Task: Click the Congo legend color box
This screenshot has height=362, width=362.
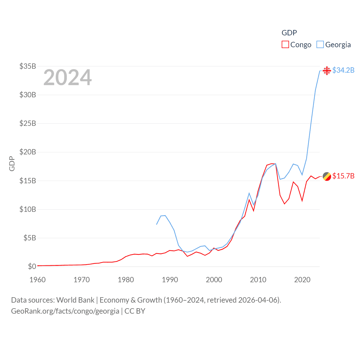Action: coord(285,45)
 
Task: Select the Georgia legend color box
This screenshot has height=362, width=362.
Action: coord(320,45)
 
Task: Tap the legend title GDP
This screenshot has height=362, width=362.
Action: coord(289,33)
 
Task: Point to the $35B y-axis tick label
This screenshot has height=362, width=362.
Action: coord(28,66)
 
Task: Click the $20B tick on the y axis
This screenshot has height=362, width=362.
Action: coord(28,152)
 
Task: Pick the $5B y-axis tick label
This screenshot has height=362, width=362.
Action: coord(30,238)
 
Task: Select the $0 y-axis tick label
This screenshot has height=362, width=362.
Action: coord(32,266)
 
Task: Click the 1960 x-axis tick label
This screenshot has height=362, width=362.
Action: coord(38,280)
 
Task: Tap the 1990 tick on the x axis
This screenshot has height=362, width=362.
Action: coord(170,280)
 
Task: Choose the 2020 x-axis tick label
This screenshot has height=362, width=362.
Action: coord(302,280)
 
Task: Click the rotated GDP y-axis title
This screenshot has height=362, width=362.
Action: coord(12,163)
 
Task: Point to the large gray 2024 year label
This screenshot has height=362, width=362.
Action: coord(68,77)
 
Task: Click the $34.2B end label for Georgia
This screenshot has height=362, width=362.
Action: coord(343,70)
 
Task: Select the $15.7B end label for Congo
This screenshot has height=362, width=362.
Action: coord(343,176)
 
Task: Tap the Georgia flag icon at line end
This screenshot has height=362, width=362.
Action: coord(327,70)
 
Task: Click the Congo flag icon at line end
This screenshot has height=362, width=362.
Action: coord(327,176)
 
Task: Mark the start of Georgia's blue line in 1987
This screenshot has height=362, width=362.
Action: coord(157,224)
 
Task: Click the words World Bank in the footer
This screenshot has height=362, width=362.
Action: coord(75,300)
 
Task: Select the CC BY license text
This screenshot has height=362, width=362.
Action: coord(135,311)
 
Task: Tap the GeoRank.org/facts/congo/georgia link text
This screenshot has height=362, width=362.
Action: coord(65,311)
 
